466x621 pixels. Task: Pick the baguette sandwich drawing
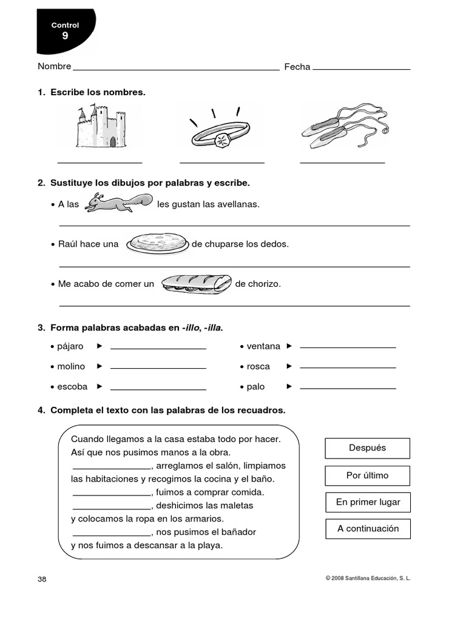click(196, 283)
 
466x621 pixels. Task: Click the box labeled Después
click(367, 448)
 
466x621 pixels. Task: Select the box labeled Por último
click(367, 475)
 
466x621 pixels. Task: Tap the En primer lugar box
click(367, 502)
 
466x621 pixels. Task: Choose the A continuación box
click(368, 529)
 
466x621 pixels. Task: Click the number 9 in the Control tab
click(65, 36)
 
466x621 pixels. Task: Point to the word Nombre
click(54, 67)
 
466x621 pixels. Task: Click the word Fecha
click(297, 67)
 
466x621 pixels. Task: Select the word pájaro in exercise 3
click(70, 346)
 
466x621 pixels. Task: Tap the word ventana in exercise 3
click(263, 346)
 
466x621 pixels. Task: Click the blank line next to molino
click(158, 368)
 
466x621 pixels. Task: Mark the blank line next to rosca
click(348, 368)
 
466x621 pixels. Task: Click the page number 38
click(42, 579)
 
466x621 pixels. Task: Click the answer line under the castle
click(100, 163)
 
